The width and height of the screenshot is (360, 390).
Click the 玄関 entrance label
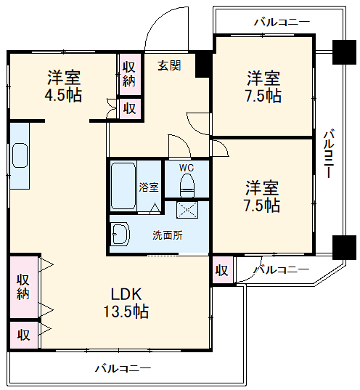pos(170,65)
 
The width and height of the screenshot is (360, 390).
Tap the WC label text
pos(187,168)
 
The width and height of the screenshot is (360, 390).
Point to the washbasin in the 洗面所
pos(120,235)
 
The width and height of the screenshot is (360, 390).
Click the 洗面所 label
pos(167,235)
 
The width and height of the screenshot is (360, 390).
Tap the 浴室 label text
pos(149,185)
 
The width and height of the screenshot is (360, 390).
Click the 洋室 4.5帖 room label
pos(65,86)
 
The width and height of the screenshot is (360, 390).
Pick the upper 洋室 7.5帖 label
pos(263,86)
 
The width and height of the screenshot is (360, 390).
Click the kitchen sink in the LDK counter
pos(20,155)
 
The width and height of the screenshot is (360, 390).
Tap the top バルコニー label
pos(281,22)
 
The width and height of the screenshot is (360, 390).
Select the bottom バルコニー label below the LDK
pos(123,368)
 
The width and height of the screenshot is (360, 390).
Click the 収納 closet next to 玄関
pos(129,73)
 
